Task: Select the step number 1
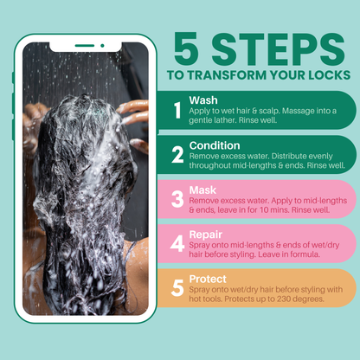[x=177, y=111]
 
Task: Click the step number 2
[x=177, y=155]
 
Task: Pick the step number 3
[x=177, y=199]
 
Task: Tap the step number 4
[x=177, y=244]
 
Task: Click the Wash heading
[x=204, y=100]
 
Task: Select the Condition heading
[x=215, y=145]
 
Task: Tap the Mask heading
[x=203, y=189]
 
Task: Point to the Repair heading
[x=208, y=234]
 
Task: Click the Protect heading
[x=209, y=278]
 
